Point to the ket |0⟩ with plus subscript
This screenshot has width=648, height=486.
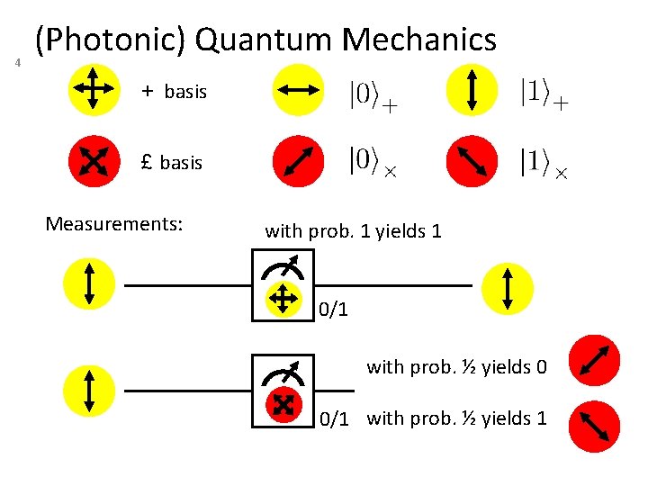click(372, 94)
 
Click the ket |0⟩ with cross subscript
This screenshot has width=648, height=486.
click(371, 162)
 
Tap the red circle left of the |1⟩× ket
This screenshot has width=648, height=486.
click(472, 162)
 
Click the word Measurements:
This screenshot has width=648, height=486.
click(114, 222)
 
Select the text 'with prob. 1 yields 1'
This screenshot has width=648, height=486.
click(353, 231)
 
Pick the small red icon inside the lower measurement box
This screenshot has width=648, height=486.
click(282, 407)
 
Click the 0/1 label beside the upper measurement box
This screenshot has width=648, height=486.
click(333, 310)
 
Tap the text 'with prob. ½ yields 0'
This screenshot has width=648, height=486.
click(456, 367)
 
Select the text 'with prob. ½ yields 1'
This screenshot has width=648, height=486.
click(456, 418)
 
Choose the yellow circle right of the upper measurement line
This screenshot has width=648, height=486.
click(508, 287)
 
